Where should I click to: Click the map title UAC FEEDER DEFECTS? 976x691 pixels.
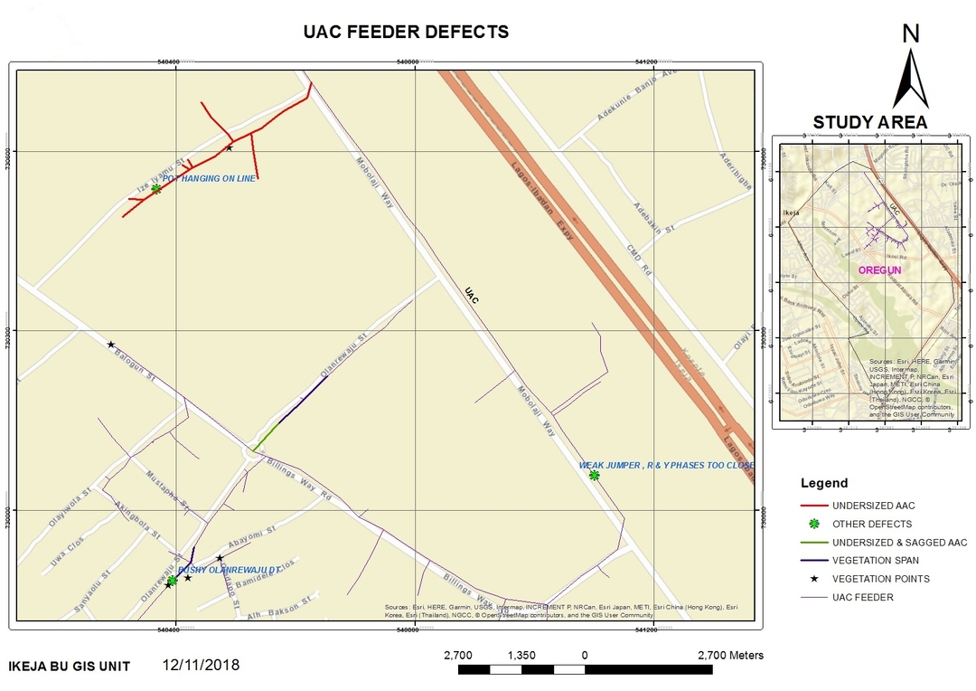[407, 33]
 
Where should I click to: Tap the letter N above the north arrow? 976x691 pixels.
[911, 33]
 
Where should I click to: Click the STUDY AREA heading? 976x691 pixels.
[869, 122]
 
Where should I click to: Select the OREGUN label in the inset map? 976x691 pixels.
[879, 270]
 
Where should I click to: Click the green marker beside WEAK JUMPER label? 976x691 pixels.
[594, 475]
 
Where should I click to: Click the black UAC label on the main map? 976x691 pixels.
[469, 296]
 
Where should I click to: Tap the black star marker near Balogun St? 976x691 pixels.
[111, 345]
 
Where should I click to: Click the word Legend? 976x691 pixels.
[824, 483]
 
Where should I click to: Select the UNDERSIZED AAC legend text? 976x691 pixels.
[873, 506]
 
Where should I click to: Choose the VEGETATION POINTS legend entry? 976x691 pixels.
[880, 579]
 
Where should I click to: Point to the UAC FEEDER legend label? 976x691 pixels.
[864, 597]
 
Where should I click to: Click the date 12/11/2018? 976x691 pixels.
[202, 665]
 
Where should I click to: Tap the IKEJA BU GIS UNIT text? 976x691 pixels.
[69, 667]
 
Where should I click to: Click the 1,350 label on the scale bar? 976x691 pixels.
[521, 655]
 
